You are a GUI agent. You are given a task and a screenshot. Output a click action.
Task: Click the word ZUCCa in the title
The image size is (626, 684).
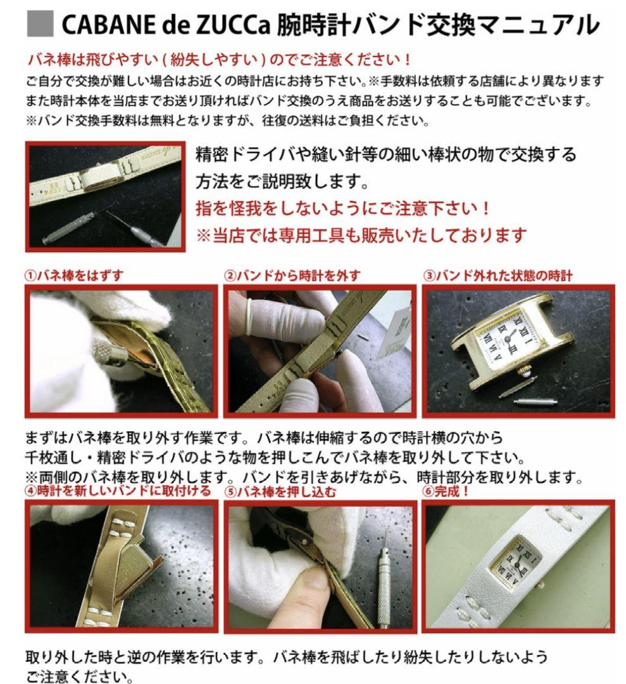238,25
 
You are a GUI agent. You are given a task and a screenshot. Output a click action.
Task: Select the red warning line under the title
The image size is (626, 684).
219,61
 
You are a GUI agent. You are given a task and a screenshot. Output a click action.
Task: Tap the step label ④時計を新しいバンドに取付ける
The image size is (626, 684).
118,491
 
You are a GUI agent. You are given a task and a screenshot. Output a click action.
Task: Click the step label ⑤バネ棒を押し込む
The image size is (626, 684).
282,491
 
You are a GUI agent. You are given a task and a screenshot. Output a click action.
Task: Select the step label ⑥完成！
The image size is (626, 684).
446,491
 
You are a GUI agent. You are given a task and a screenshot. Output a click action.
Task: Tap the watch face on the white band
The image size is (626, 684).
516,560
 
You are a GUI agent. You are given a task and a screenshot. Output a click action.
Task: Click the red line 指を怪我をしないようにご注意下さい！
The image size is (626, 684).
351,208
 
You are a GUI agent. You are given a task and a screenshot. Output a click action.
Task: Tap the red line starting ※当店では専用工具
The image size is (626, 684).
361,236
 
